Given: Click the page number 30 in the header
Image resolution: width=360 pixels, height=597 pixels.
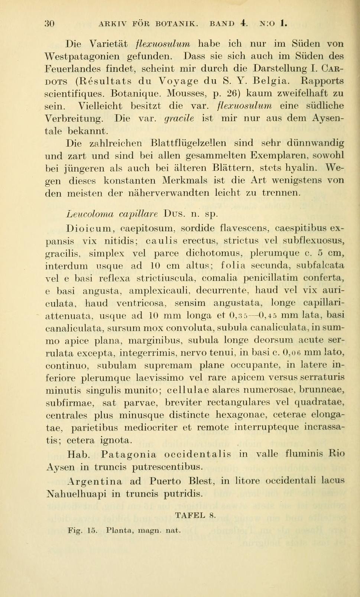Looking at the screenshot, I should click(49, 24).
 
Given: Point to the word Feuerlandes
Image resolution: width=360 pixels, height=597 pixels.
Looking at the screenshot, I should click(73, 69).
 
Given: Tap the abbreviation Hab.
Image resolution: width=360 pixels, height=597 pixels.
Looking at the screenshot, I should click(79, 454).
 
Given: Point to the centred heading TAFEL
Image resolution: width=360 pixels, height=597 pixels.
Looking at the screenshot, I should click(189, 515).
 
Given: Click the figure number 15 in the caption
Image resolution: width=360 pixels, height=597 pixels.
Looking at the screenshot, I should click(91, 531).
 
